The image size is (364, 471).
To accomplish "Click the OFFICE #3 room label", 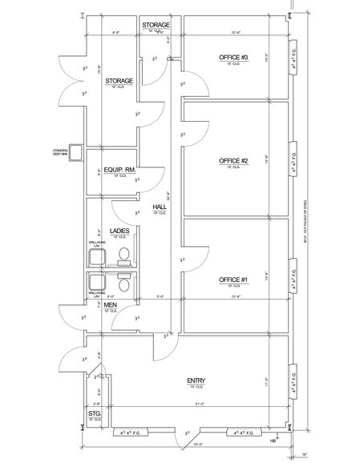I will point(233,58).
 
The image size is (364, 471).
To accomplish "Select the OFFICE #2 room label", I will point(233,161).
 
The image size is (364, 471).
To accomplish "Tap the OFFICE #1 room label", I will point(233,280).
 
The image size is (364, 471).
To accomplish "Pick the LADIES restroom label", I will point(120,231).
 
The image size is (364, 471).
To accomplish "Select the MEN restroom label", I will point(110,304).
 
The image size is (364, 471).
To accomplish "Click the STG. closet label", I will point(93,413).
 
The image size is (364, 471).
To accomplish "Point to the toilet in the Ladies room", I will point(123,255).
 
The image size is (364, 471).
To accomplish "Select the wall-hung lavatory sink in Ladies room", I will point(98,256).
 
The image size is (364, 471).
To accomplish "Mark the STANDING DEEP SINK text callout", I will point(61,151).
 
